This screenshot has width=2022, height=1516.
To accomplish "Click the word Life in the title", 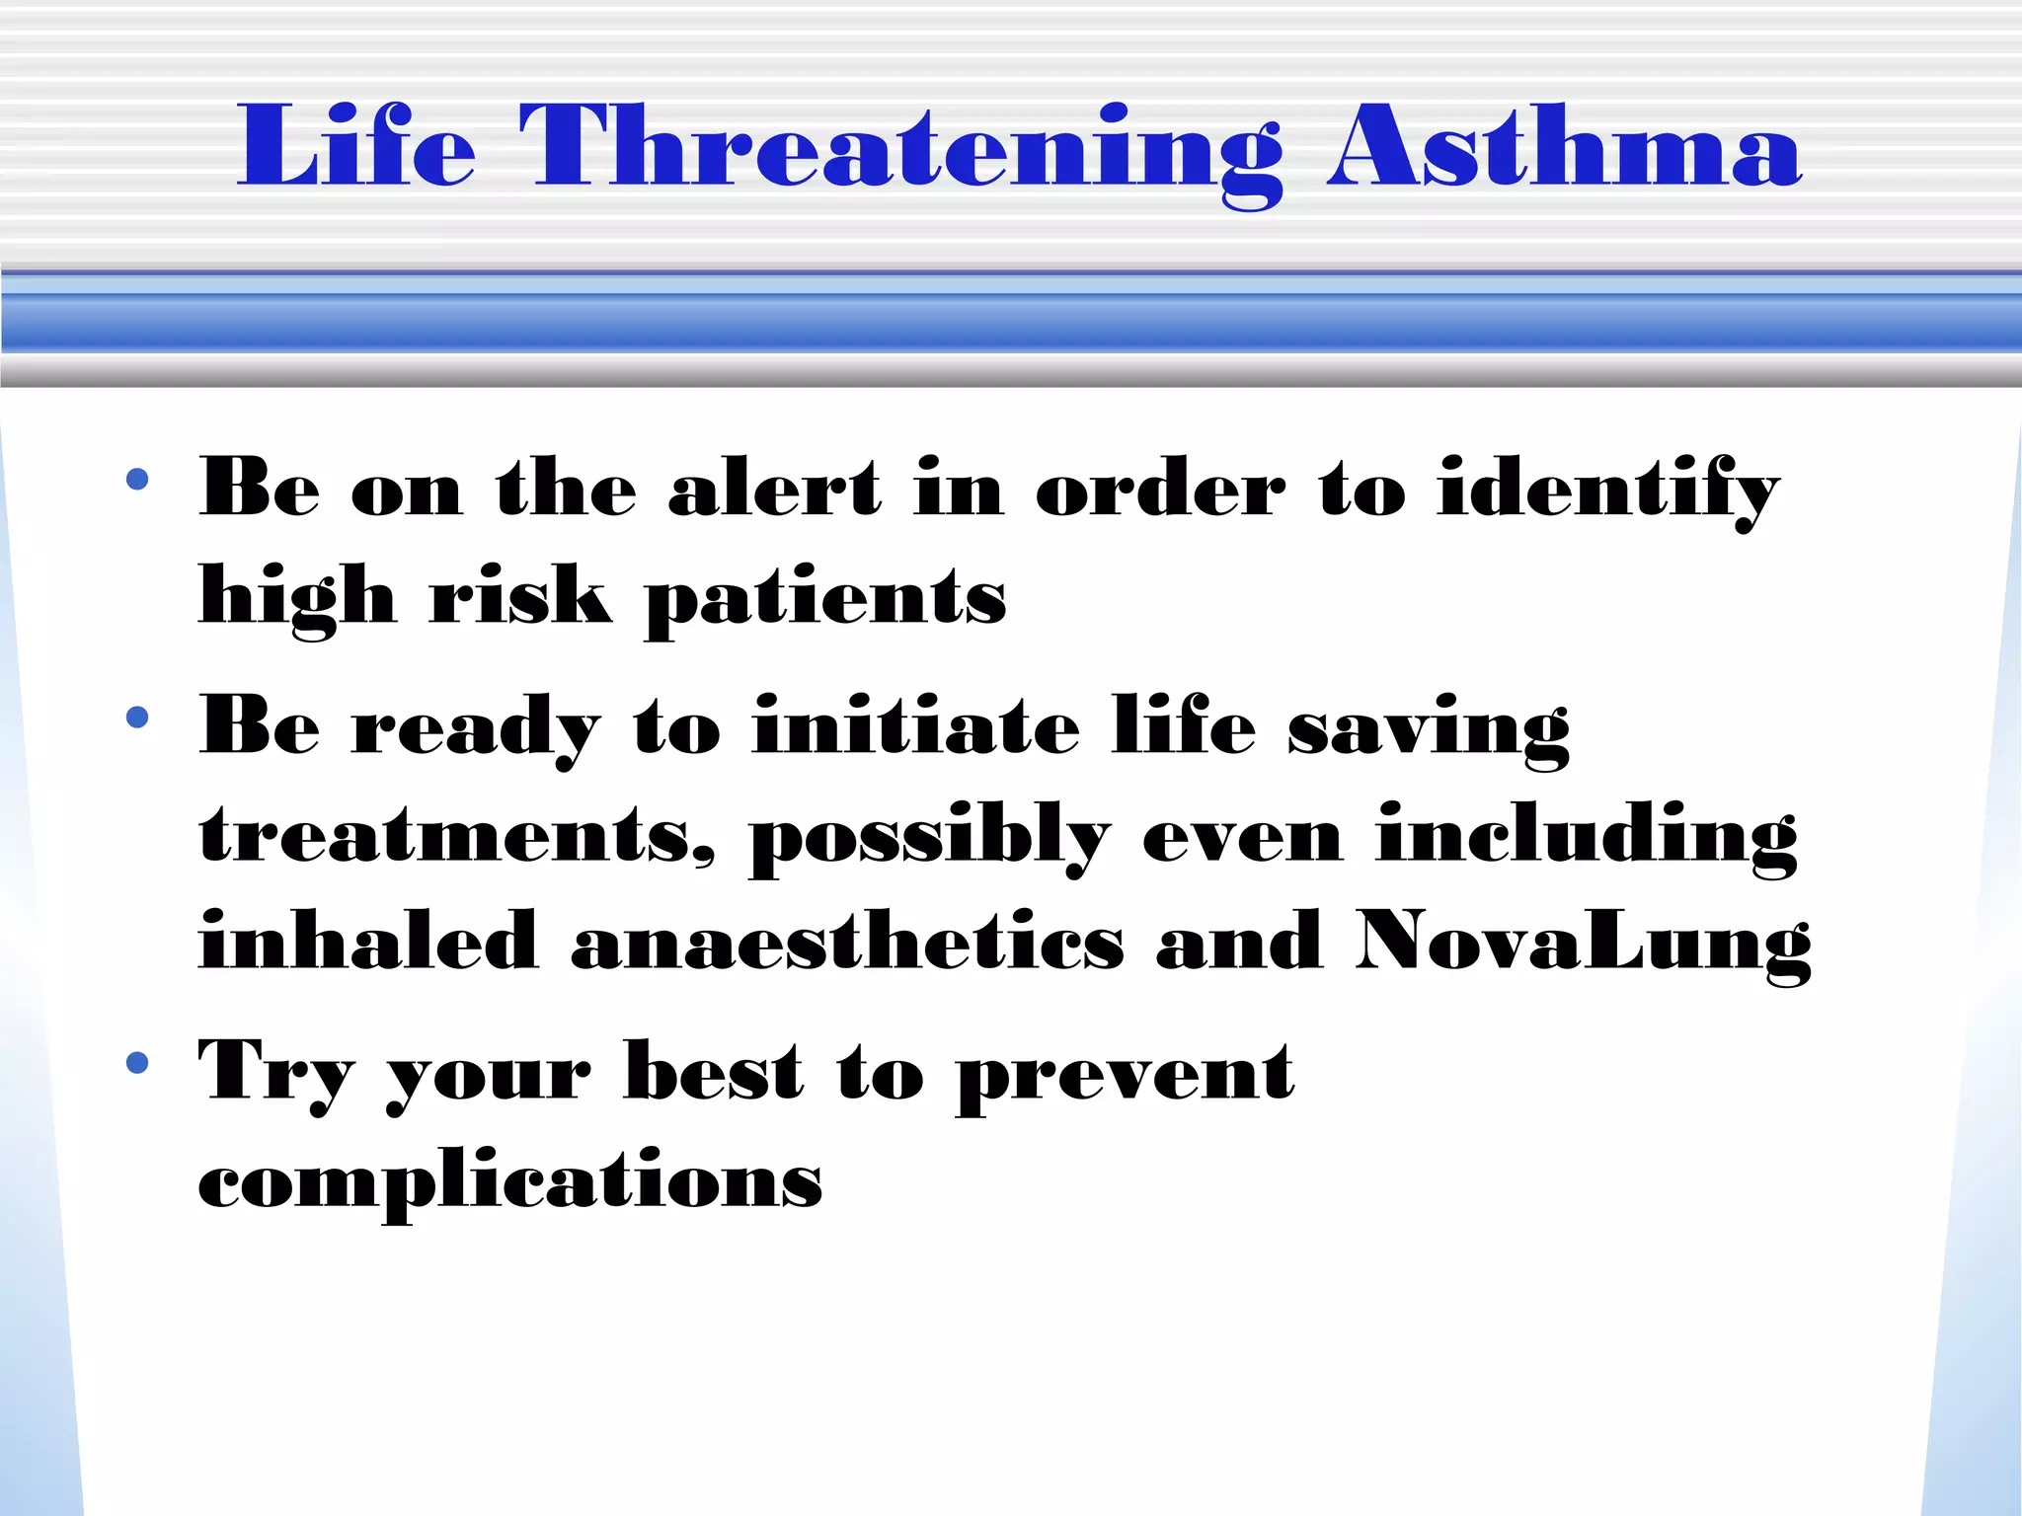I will tap(355, 148).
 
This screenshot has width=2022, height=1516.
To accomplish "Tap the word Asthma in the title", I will tap(1564, 148).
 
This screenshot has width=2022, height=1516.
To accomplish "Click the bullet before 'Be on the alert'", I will tap(137, 481).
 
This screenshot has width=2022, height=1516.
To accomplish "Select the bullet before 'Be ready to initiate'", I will tap(137, 718).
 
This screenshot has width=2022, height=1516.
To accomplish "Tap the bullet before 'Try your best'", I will tap(137, 1063).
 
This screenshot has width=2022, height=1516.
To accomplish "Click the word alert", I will tap(774, 489).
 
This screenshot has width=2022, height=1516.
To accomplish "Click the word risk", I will tap(519, 597).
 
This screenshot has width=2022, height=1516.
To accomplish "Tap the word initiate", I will tap(916, 726).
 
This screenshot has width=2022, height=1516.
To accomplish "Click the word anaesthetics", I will tap(847, 943).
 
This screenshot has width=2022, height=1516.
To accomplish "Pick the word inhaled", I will tap(368, 943).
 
